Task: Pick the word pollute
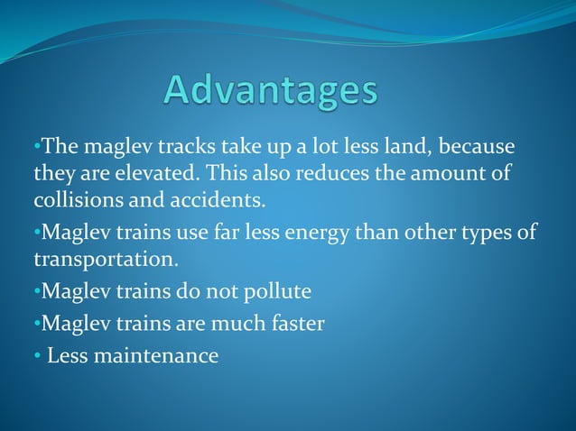click(x=275, y=292)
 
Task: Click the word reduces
click(x=296, y=171)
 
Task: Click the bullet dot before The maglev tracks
click(x=37, y=146)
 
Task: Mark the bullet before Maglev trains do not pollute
click(x=37, y=292)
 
